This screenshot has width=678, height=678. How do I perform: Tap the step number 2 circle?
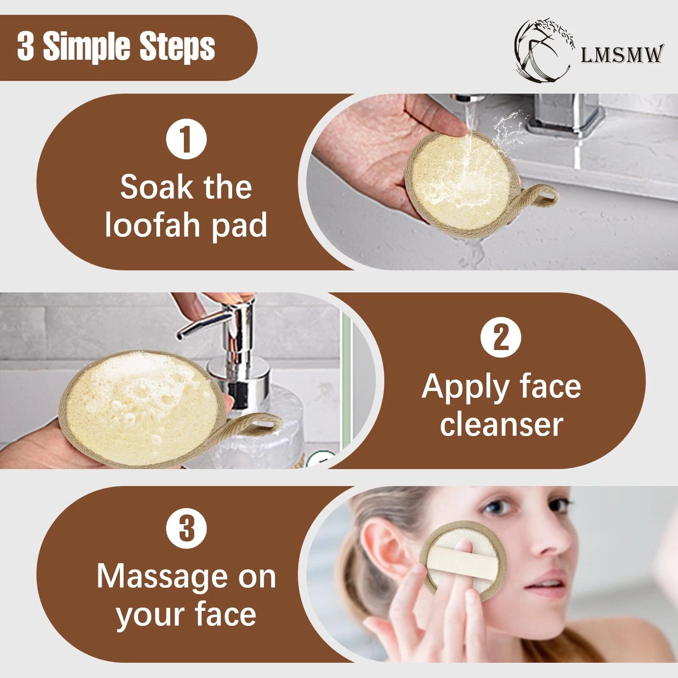pyautogui.click(x=501, y=338)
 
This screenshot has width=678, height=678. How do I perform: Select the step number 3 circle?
pyautogui.click(x=186, y=529)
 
